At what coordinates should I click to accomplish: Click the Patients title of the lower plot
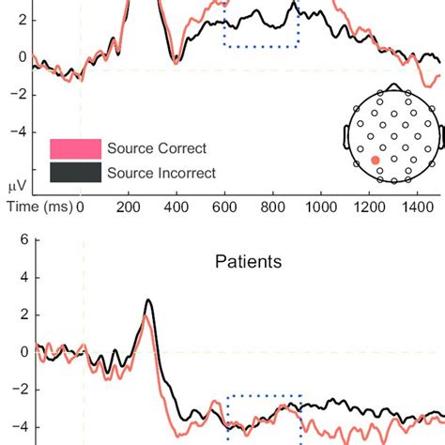click(248, 262)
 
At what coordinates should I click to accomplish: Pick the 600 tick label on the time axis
click(224, 204)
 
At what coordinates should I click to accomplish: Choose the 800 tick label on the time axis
click(273, 204)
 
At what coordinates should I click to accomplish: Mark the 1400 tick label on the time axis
click(418, 204)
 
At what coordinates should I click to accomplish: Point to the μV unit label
click(16, 186)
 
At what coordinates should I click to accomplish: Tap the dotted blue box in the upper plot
click(261, 28)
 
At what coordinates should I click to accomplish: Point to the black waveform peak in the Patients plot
click(148, 301)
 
